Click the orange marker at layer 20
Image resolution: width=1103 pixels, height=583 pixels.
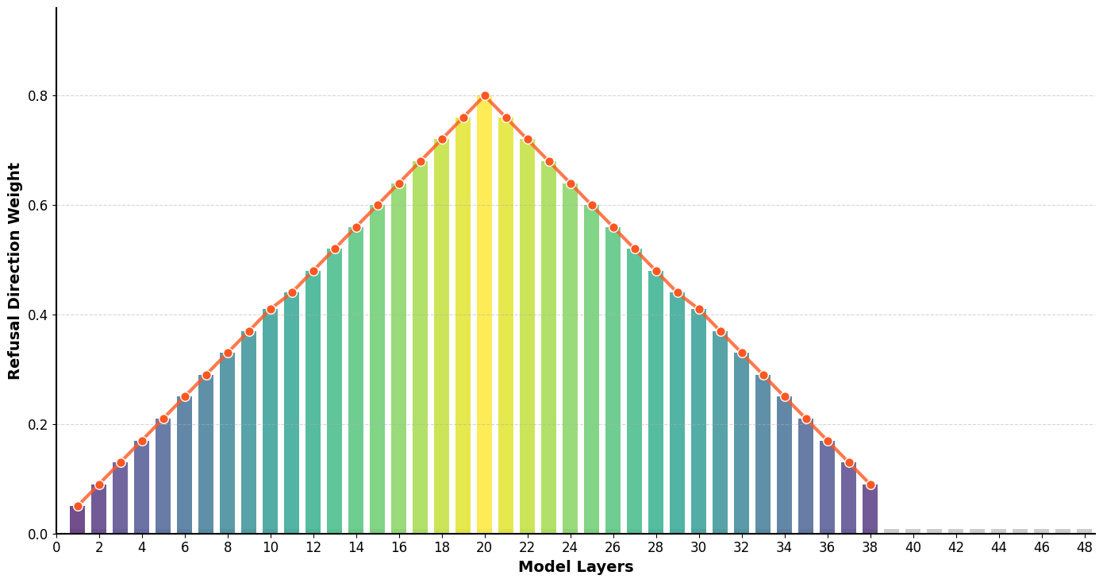tap(485, 96)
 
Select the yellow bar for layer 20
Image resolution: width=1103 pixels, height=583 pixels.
tap(485, 318)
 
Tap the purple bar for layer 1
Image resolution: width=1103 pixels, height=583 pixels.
tap(78, 520)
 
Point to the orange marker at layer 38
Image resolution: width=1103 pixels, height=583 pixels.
tap(870, 485)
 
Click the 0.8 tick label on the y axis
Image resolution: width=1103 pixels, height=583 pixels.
tap(38, 96)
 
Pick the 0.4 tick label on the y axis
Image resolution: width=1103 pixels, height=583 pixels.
tap(38, 315)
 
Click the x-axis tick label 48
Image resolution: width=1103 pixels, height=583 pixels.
tap(1085, 548)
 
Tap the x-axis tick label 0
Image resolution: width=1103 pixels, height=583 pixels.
tap(56, 548)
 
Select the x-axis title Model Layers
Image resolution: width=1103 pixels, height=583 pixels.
tap(575, 567)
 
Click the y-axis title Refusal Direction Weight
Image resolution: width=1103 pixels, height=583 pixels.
tap(14, 271)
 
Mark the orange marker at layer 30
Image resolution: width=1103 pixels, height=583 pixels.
tap(699, 310)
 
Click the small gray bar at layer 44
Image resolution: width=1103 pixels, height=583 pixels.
tap(999, 531)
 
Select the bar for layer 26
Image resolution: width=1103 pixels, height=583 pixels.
tap(613, 381)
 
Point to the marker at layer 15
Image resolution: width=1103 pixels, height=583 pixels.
tap(378, 205)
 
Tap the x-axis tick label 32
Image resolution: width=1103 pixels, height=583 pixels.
tap(742, 548)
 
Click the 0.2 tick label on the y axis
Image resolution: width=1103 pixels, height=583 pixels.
tap(38, 425)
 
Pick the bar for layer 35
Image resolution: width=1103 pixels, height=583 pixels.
tap(806, 477)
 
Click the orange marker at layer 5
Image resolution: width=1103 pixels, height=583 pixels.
tap(163, 419)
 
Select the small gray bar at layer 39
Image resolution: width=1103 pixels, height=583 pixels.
tap(892, 531)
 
